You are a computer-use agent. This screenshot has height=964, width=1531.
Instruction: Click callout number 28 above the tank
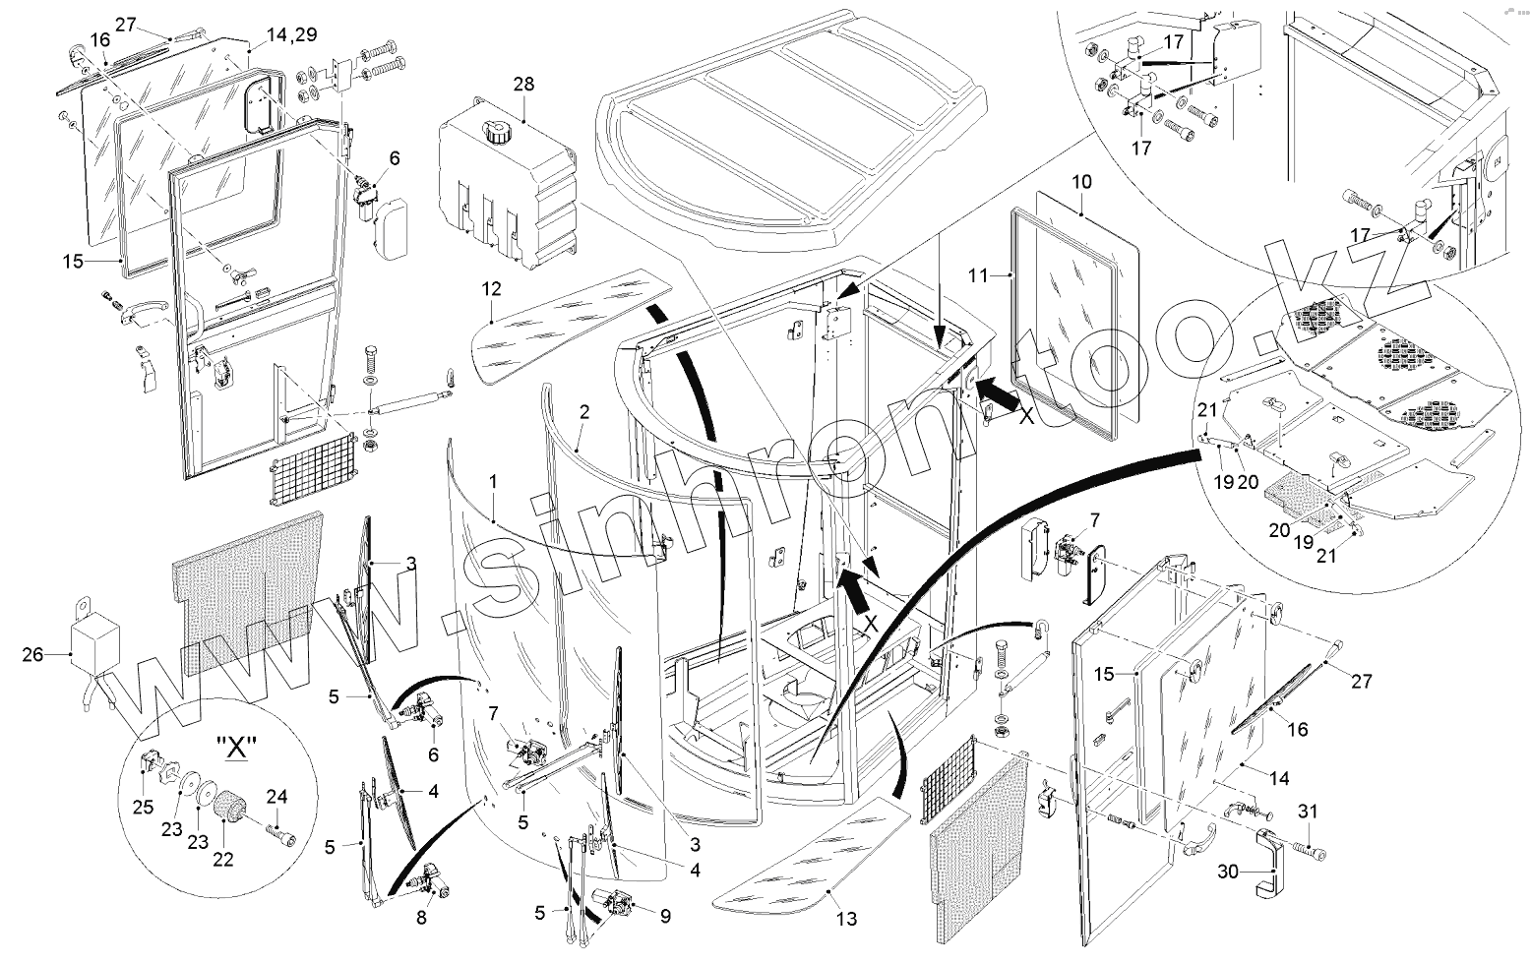point(522,85)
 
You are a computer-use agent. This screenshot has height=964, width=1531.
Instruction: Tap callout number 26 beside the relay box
point(32,653)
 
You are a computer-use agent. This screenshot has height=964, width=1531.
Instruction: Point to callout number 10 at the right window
point(1082,183)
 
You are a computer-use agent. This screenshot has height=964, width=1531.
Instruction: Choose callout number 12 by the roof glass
point(491,289)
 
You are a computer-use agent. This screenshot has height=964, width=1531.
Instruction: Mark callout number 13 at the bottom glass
point(845,919)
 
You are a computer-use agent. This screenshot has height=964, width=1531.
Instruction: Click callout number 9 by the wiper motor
point(665,917)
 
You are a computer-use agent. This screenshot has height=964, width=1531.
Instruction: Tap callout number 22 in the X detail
point(223,859)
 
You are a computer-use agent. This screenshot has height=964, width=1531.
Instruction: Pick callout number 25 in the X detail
point(144,808)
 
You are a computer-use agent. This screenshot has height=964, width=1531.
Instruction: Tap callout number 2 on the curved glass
point(583,413)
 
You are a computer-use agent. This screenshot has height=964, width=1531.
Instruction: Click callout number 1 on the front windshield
point(493,482)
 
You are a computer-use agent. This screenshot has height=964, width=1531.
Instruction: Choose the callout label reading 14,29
point(291,33)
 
